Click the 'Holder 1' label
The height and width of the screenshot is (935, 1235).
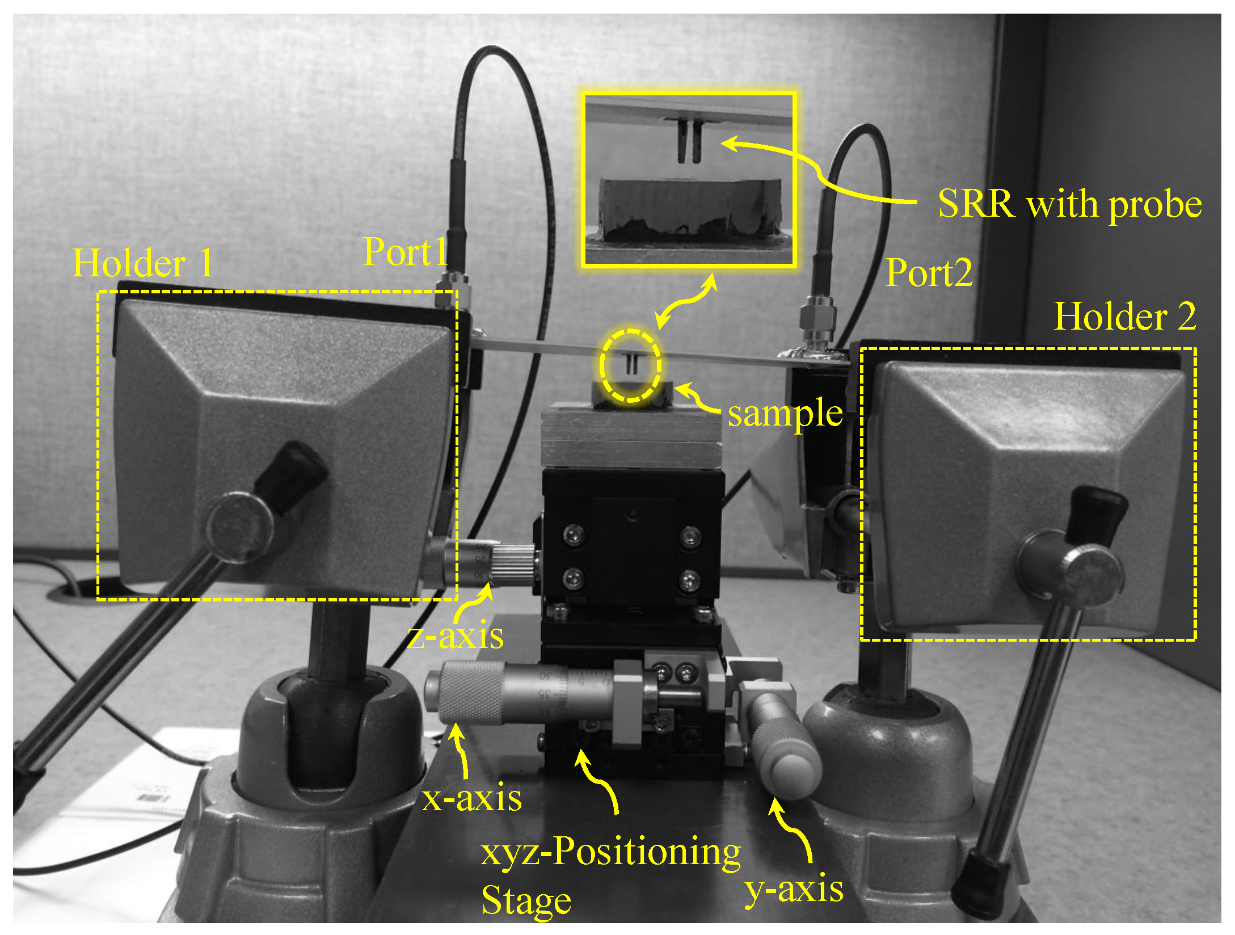(x=142, y=263)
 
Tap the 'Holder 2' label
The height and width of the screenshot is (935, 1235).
(x=1125, y=316)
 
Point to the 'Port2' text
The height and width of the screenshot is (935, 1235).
(x=929, y=273)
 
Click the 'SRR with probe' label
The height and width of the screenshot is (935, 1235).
(x=1069, y=204)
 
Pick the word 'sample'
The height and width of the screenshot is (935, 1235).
(x=785, y=413)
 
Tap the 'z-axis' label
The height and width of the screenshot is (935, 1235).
(x=456, y=635)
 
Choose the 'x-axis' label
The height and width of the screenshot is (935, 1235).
(x=471, y=798)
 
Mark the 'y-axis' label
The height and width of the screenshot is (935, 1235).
(x=793, y=888)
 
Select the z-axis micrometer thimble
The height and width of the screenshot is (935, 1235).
(x=513, y=565)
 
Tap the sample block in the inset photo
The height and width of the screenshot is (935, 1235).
(x=690, y=207)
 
